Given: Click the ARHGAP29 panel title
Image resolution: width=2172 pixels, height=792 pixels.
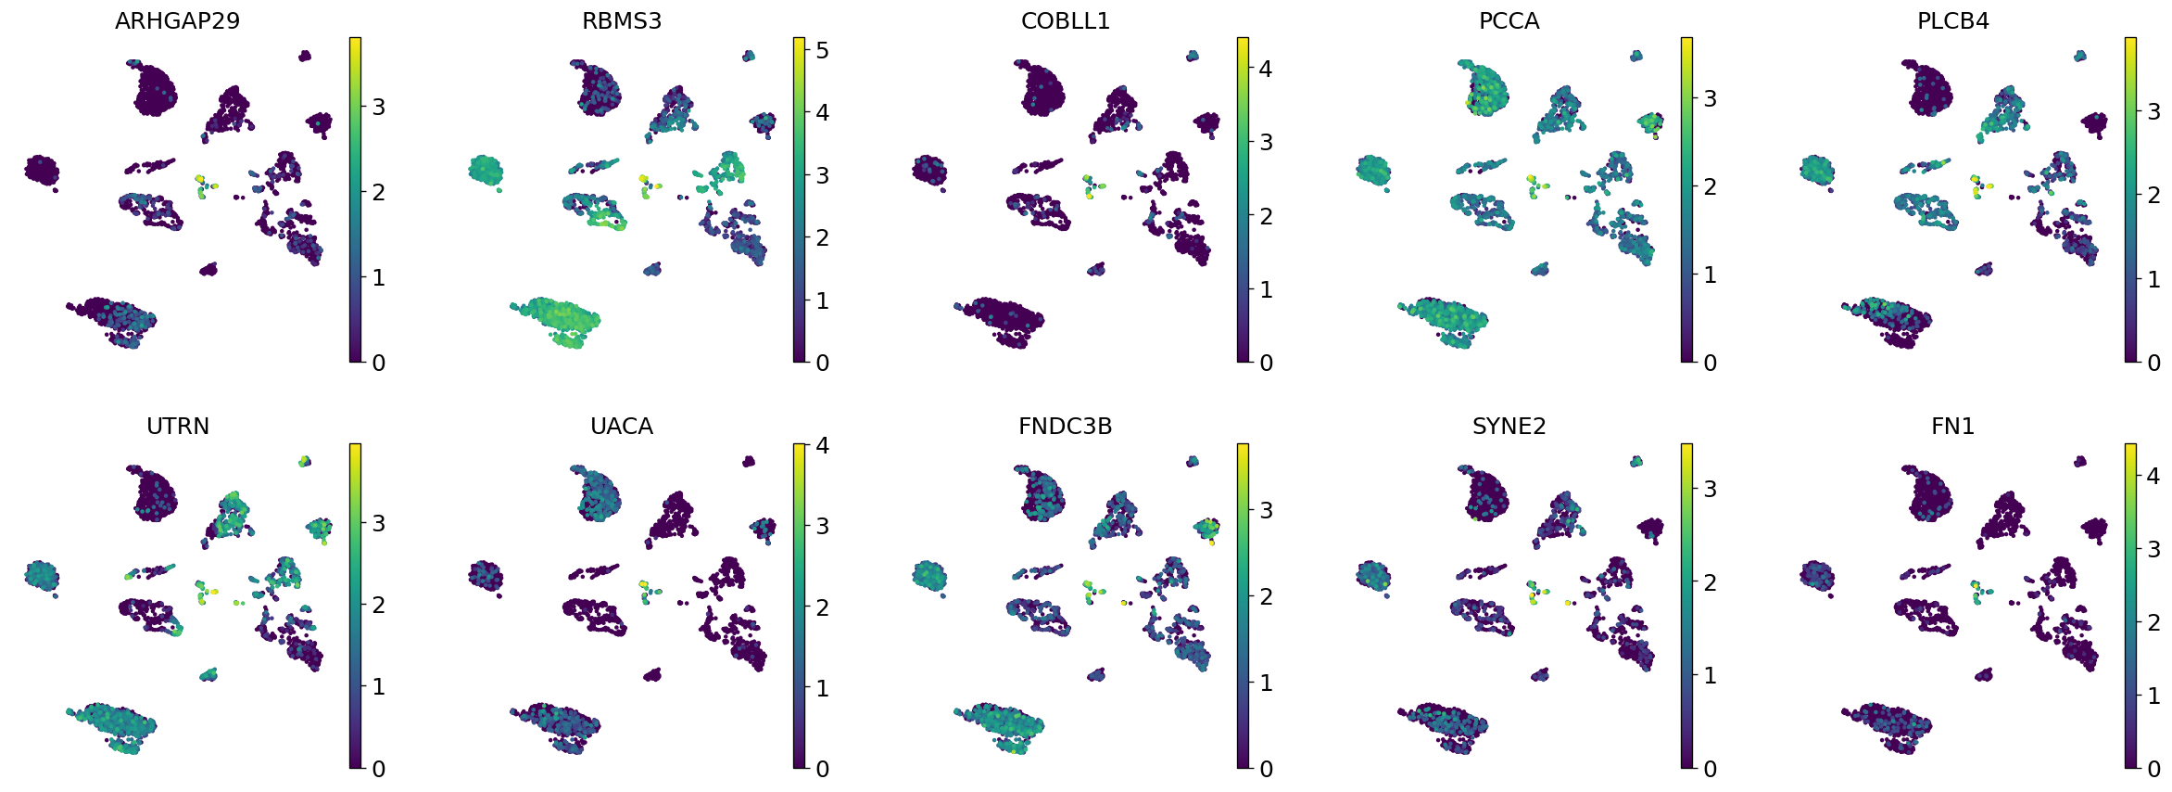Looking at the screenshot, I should tap(177, 21).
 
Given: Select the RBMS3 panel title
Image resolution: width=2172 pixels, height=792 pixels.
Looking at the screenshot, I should tap(621, 21).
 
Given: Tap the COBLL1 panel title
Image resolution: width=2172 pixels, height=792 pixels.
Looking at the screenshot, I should tap(1065, 21).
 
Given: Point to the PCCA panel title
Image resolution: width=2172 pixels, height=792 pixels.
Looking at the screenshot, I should tap(1509, 21).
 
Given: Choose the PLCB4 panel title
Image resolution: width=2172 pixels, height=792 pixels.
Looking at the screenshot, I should tap(1952, 21).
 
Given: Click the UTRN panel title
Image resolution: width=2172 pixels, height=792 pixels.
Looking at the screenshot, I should tap(177, 427).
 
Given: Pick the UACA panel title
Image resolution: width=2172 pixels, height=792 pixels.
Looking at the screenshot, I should tap(621, 427).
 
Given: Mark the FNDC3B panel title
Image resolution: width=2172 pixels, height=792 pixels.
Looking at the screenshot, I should tap(1065, 427).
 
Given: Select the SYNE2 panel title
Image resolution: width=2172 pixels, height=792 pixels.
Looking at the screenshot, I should tap(1509, 427).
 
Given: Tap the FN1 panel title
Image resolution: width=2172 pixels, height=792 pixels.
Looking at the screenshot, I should tap(1952, 427).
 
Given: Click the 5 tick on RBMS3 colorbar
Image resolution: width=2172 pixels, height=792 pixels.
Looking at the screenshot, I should tap(821, 50).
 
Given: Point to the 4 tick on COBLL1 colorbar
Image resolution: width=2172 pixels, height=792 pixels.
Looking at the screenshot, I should tap(1265, 69).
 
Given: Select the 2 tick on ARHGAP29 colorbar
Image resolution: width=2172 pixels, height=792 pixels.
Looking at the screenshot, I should tap(377, 192).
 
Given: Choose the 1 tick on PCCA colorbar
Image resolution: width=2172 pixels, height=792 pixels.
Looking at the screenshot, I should tap(1709, 275).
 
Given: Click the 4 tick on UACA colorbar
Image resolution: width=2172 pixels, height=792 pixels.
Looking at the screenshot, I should tap(821, 445).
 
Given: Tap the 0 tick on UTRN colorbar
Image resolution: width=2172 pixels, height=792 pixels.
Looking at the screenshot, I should tap(377, 768).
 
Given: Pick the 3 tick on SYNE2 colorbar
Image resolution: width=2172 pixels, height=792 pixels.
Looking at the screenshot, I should tap(1709, 489).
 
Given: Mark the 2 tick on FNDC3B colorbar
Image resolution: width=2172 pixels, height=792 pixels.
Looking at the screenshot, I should tap(1265, 596).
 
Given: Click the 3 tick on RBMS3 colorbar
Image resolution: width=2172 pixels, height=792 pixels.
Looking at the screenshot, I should tap(821, 175).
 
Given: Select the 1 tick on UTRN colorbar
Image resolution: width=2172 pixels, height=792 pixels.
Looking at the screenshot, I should tap(377, 687).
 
